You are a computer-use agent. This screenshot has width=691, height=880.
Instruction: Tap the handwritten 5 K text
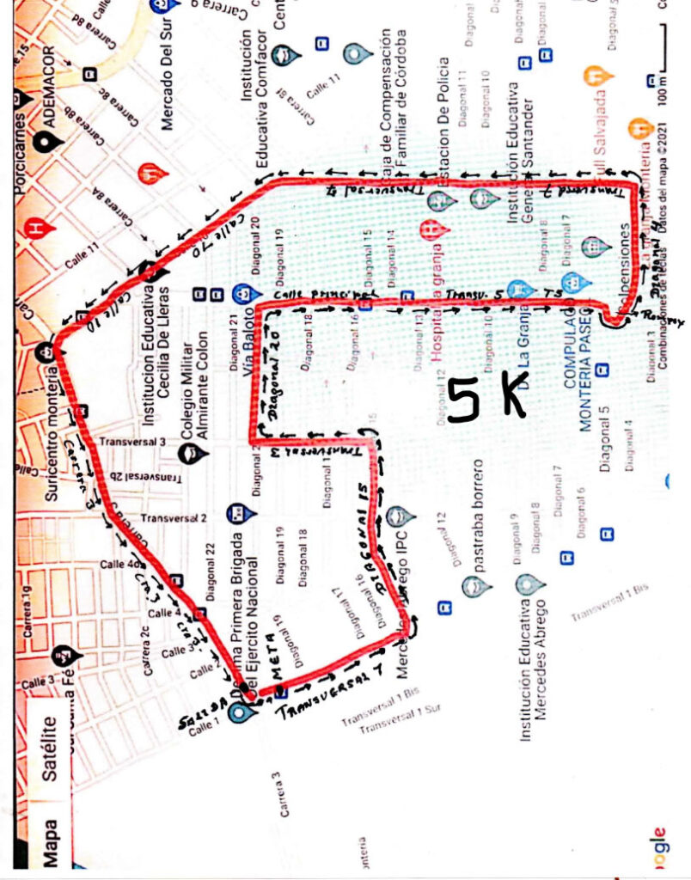pyautogui.click(x=486, y=398)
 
